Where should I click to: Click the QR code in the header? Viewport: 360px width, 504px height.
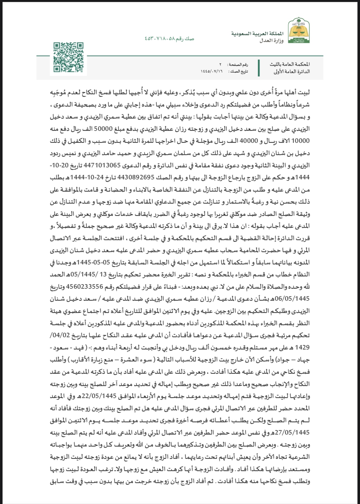[x=68, y=57]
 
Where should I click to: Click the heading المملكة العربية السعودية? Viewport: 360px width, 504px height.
[x=257, y=34]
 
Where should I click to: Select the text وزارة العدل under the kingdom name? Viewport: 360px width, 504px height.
[x=271, y=41]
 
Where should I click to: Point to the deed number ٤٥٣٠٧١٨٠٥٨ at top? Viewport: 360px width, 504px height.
[x=159, y=39]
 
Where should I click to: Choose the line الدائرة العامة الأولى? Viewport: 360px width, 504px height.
[x=291, y=72]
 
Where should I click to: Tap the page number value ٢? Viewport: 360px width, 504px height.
[x=220, y=64]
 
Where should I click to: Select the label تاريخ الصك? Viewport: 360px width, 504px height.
[x=239, y=71]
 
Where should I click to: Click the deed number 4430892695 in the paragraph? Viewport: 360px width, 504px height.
[x=136, y=178]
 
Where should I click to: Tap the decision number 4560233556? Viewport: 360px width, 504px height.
[x=89, y=286]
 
